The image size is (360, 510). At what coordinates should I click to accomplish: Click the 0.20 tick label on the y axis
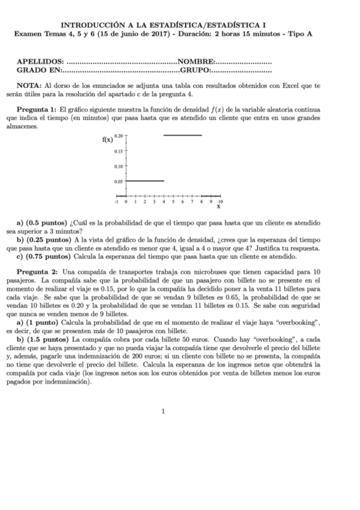pyautogui.click(x=118, y=137)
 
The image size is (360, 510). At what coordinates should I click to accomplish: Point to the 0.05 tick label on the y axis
pyautogui.click(x=118, y=180)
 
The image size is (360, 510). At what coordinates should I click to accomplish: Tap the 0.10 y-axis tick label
pyautogui.click(x=118, y=165)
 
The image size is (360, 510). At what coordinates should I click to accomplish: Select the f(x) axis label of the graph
pyautogui.click(x=107, y=140)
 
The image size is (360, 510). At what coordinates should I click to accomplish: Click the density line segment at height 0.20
pyautogui.click(x=183, y=135)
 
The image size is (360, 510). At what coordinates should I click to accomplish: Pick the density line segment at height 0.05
pyautogui.click(x=144, y=180)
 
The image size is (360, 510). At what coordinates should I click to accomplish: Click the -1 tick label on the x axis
pyautogui.click(x=117, y=203)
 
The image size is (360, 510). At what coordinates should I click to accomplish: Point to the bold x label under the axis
pyautogui.click(x=218, y=207)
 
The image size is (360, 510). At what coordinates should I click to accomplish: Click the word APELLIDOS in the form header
pyautogui.click(x=40, y=62)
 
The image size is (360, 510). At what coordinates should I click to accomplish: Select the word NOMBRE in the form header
pyautogui.click(x=196, y=62)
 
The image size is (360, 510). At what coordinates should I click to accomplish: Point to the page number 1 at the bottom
pyautogui.click(x=163, y=411)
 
